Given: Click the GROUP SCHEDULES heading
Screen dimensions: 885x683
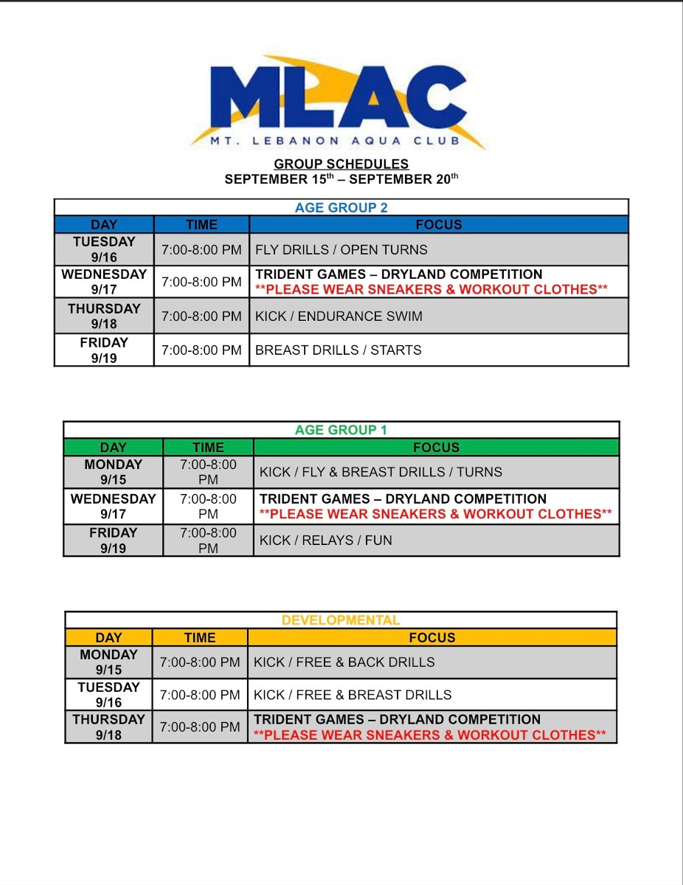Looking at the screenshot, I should (341, 164).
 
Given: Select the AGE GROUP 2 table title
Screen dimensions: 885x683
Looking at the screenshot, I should (341, 207).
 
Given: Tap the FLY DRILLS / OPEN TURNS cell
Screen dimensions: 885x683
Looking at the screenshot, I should (341, 250).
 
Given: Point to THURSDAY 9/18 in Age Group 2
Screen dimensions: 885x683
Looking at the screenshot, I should (104, 316).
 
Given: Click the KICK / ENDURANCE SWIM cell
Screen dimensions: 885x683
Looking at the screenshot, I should (339, 316).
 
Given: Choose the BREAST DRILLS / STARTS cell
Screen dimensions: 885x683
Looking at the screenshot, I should (338, 350).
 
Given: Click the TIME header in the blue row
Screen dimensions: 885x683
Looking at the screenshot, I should (201, 225).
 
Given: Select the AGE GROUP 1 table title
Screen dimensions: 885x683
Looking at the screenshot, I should (341, 430).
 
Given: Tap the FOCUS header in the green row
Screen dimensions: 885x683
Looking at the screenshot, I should (436, 448).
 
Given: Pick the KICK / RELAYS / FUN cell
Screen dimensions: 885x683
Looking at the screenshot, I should (326, 540).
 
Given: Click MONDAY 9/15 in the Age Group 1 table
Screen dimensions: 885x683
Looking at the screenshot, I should (113, 472).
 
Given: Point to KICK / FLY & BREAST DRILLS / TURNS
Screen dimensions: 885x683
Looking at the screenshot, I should (381, 472).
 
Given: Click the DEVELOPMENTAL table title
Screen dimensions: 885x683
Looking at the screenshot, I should (341, 620).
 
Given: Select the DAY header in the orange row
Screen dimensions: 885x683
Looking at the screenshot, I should (108, 638).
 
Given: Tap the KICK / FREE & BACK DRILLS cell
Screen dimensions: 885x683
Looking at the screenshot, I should (344, 662).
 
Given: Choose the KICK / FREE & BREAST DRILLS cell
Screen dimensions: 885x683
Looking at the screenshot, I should (353, 695).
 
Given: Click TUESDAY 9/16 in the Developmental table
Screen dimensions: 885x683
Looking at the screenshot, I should (108, 695).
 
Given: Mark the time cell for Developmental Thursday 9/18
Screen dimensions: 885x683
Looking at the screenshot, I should (200, 727).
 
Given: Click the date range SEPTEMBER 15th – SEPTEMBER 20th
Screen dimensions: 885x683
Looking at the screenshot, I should (341, 179).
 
